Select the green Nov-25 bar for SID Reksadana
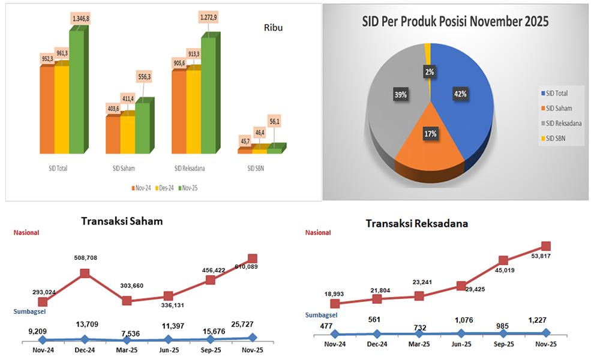(x=209, y=96)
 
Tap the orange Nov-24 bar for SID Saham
(x=112, y=134)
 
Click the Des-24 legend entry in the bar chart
(x=165, y=188)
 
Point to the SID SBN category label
(x=256, y=169)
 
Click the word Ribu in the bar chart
(x=273, y=28)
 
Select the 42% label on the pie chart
(x=460, y=94)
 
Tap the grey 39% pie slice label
(x=400, y=95)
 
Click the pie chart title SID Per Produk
(x=455, y=23)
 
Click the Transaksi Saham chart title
(x=122, y=221)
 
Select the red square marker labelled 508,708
(x=85, y=273)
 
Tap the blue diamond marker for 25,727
(x=253, y=338)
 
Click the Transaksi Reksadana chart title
(x=417, y=223)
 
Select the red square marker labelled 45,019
(x=503, y=260)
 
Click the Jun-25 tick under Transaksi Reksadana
(x=461, y=344)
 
